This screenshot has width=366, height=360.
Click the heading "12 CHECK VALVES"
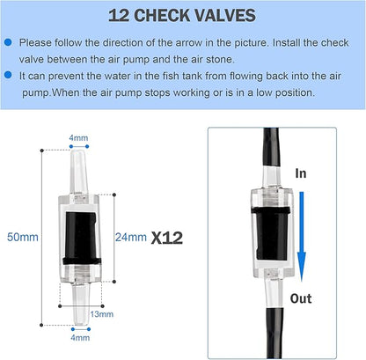(182, 15)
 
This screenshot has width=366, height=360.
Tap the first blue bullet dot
(8, 41)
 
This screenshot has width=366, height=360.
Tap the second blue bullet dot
(8, 77)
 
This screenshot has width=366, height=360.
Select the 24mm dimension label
(132, 236)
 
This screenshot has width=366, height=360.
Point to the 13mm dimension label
(103, 314)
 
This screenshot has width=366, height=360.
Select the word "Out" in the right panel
(302, 298)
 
